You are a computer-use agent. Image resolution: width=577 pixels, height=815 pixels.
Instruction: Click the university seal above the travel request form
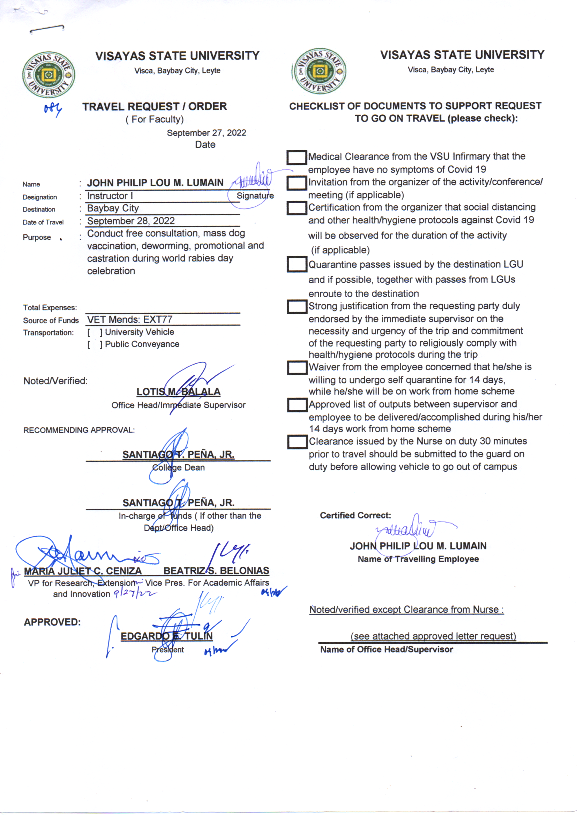pos(49,75)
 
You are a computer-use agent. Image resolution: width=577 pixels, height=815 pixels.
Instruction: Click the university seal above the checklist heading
pos(320,71)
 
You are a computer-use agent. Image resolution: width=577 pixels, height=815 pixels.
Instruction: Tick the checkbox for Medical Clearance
pos(297,158)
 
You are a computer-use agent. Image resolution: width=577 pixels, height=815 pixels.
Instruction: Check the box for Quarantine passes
pos(297,265)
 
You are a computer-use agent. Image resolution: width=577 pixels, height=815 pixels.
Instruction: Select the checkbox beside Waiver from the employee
pos(297,368)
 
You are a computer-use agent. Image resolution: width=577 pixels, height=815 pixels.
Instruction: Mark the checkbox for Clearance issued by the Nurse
pos(297,442)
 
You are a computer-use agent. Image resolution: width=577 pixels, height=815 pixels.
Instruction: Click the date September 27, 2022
pos(207,133)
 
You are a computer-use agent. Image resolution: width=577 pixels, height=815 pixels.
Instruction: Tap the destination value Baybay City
pos(113,208)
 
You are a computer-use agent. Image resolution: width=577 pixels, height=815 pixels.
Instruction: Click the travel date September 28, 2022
pos(131,221)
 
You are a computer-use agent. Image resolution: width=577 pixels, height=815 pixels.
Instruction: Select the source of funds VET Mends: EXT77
pos(130,319)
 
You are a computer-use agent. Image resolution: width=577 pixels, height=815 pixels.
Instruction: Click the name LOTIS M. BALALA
pos(178,392)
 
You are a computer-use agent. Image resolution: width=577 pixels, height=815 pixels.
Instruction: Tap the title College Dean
pos(178,467)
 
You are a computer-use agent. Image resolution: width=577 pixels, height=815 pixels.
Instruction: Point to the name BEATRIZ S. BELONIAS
pos(216,570)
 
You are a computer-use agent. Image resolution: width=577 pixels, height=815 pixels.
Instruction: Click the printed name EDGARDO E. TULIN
pos(167,636)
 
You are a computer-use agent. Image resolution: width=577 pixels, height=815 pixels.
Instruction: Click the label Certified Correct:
pos(355,516)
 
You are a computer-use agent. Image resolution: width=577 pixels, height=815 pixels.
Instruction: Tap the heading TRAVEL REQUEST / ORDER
pos(155,106)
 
